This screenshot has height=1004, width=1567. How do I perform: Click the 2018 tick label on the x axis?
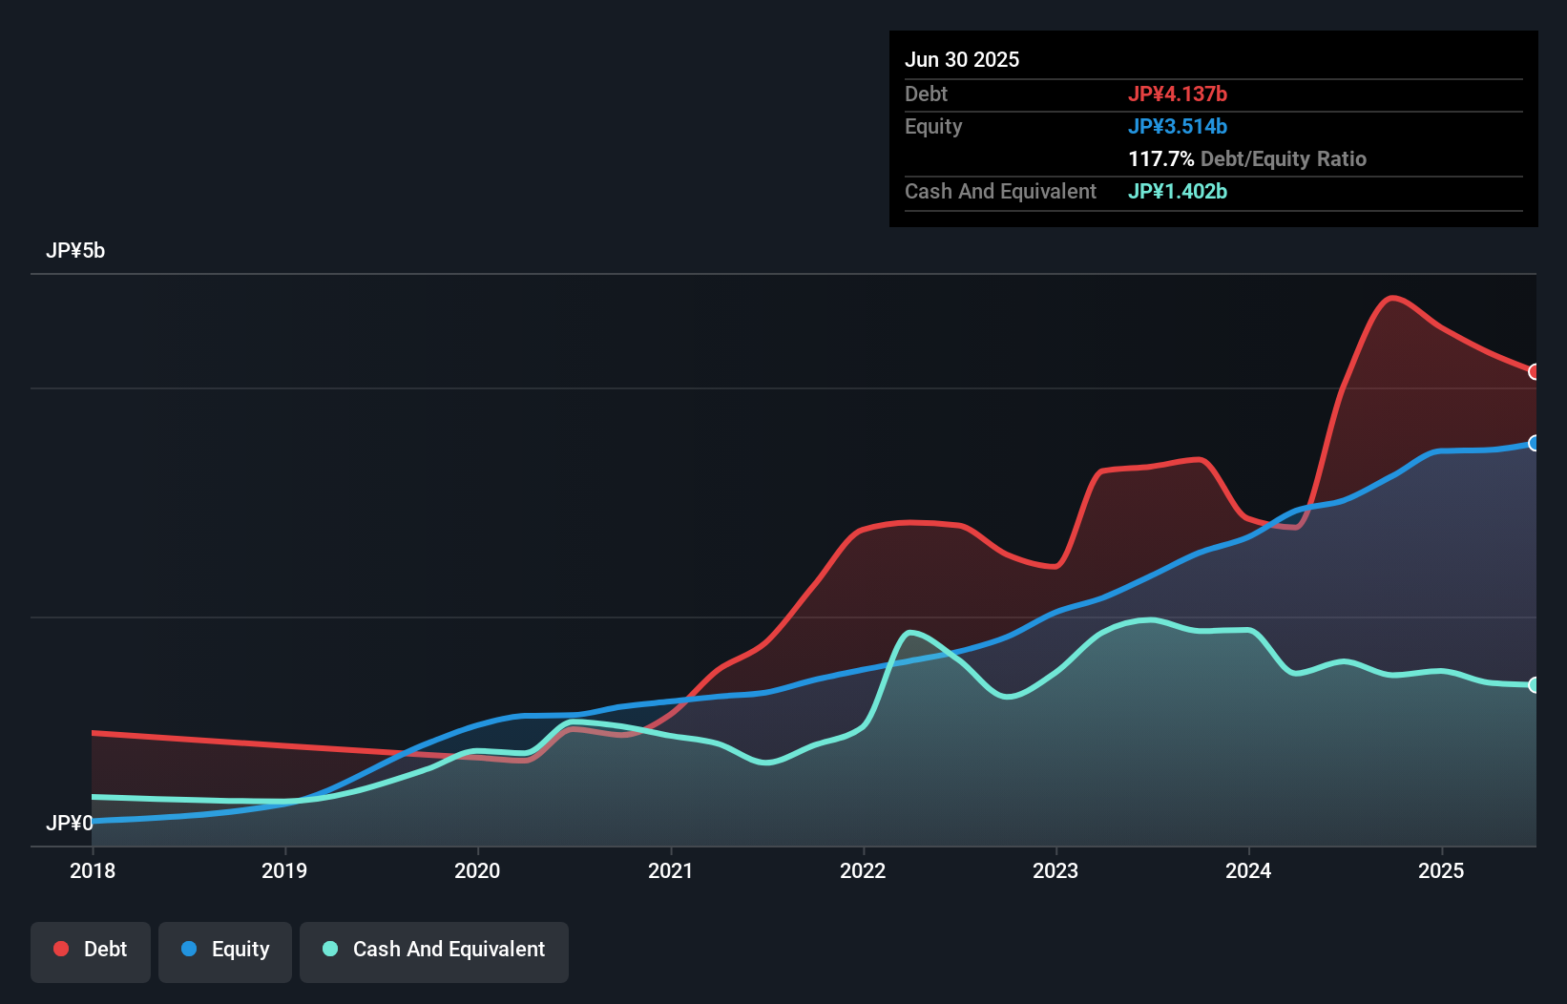(x=93, y=870)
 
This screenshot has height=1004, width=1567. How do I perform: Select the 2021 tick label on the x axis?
(x=670, y=870)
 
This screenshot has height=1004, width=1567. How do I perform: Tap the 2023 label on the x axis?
(x=1055, y=870)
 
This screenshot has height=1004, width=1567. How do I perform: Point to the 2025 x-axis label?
(x=1441, y=870)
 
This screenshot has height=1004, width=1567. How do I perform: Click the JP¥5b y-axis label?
(x=75, y=251)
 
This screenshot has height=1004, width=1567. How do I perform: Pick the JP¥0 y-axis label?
(x=69, y=823)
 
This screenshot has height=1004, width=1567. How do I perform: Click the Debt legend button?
(x=91, y=950)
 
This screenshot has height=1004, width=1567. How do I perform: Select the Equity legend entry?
(x=225, y=950)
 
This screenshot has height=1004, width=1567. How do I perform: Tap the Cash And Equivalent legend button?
(x=434, y=950)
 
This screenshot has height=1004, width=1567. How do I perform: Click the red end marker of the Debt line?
(x=1534, y=371)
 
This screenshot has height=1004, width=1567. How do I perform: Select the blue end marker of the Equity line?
(x=1534, y=443)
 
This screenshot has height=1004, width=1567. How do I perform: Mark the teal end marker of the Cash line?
(x=1534, y=684)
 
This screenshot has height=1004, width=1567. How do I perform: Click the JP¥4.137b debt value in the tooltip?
(x=1177, y=94)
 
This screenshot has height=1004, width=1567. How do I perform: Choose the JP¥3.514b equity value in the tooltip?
(x=1177, y=127)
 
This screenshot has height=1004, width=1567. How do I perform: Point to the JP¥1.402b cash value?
(x=1177, y=192)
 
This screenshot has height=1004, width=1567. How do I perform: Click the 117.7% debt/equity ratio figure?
(x=1160, y=159)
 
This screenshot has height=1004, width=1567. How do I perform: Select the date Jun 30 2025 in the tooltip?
(x=962, y=60)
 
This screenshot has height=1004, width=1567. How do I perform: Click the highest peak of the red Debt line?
(x=1392, y=298)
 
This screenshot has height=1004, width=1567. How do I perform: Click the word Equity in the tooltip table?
(x=933, y=127)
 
